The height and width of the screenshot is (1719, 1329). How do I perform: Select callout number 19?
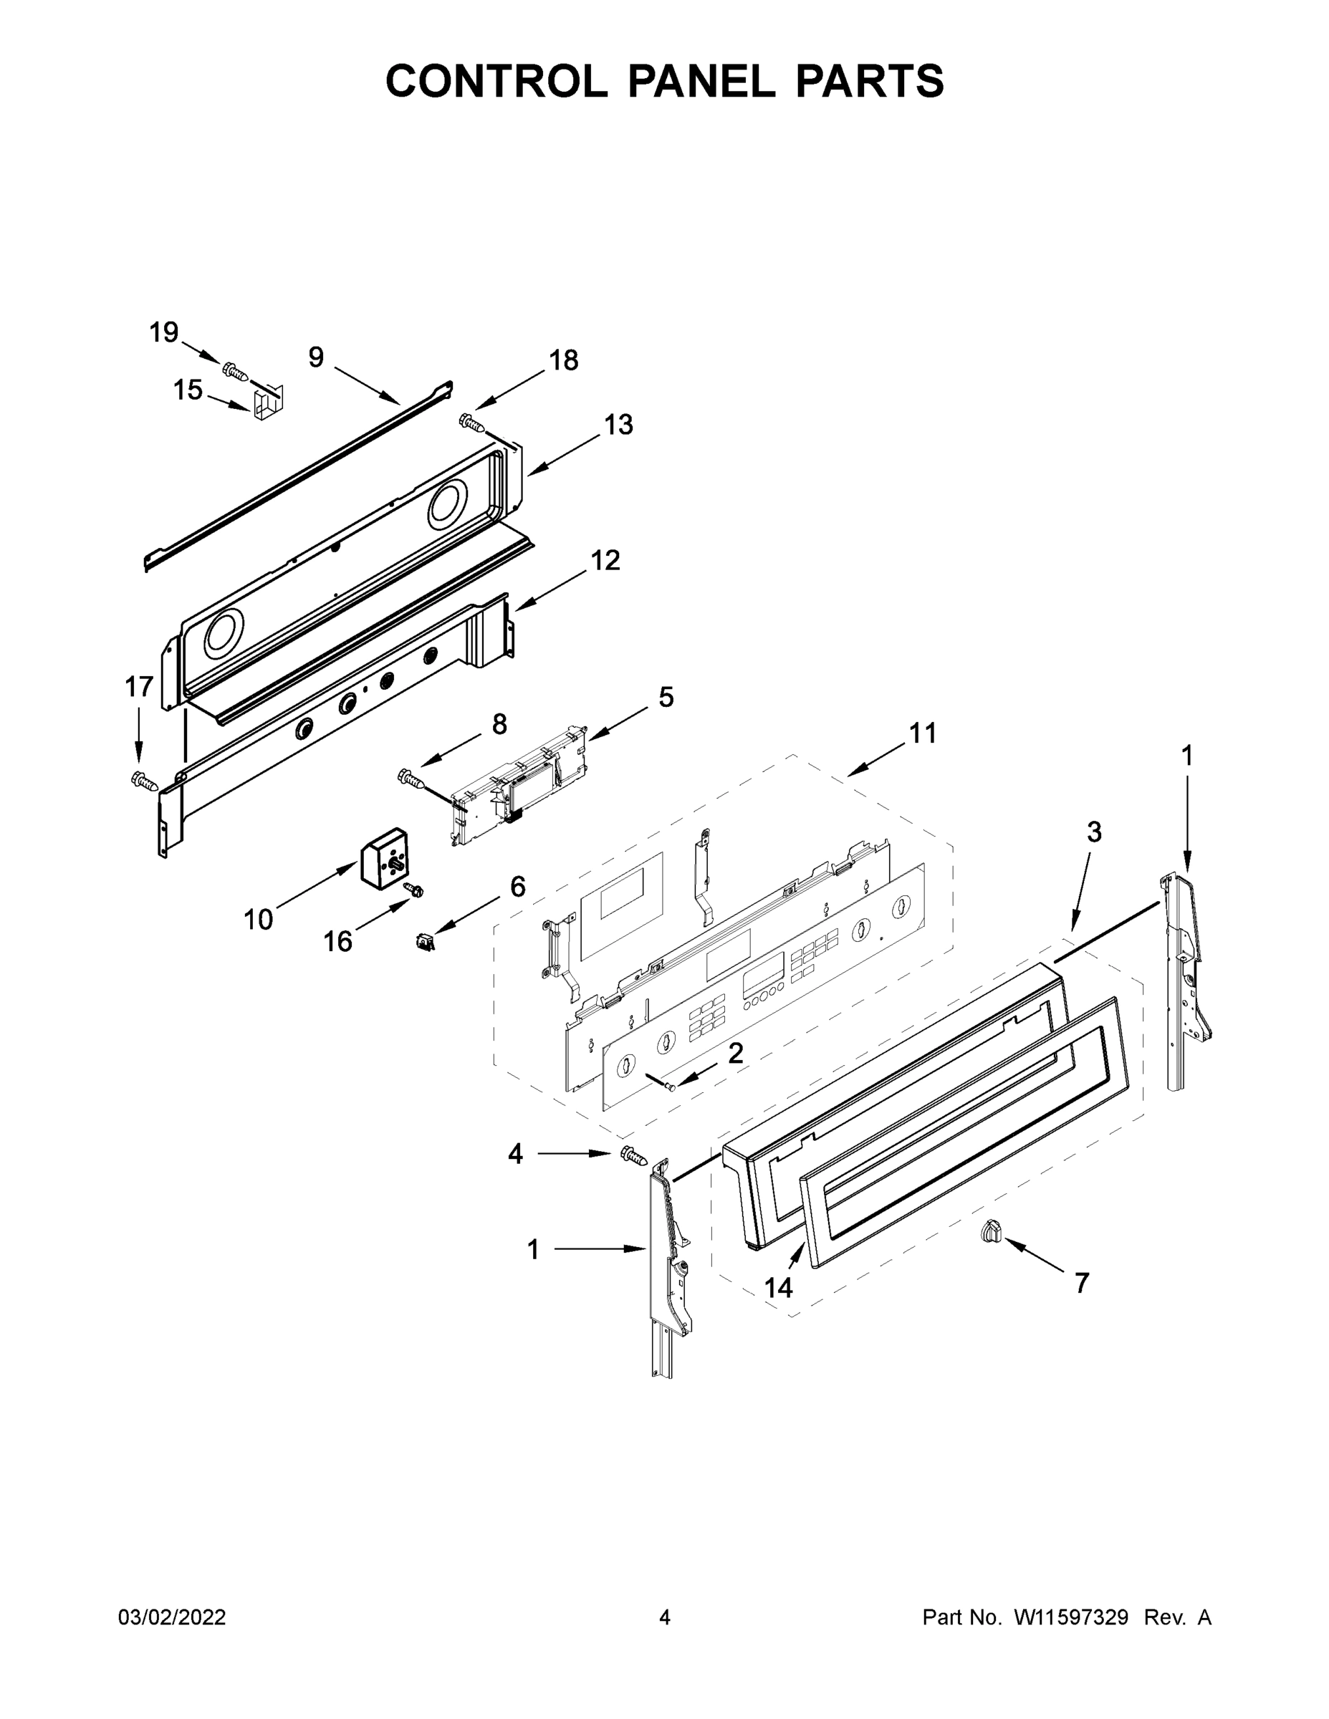click(164, 332)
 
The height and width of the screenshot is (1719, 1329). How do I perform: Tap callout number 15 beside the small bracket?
click(188, 390)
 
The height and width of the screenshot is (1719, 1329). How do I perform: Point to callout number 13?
click(618, 424)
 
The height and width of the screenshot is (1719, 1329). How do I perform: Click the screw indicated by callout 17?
click(143, 780)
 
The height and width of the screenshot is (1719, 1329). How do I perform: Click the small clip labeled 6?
click(425, 941)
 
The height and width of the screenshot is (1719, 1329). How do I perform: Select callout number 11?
click(923, 733)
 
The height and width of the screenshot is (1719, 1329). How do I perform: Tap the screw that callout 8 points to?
click(413, 779)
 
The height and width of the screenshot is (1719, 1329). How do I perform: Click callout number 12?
click(605, 560)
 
